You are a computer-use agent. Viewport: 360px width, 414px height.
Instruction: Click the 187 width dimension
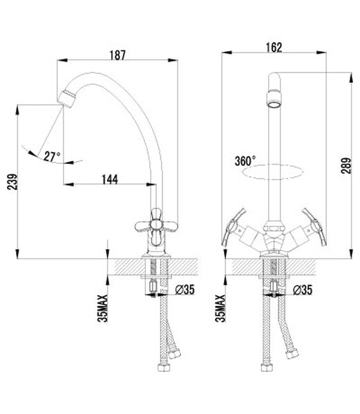click(x=117, y=55)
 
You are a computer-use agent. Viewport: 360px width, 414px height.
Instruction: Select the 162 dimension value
click(x=274, y=48)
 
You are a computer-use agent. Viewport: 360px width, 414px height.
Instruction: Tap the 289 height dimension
click(x=346, y=166)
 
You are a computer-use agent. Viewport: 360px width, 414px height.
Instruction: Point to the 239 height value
click(x=12, y=181)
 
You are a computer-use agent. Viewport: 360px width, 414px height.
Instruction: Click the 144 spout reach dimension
click(x=110, y=180)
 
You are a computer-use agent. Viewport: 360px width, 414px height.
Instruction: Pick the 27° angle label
click(x=52, y=157)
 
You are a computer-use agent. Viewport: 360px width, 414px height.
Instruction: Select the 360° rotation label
click(x=245, y=161)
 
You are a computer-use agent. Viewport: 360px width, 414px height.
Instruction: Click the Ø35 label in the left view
click(x=184, y=290)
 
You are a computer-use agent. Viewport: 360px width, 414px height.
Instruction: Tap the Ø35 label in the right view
click(x=303, y=290)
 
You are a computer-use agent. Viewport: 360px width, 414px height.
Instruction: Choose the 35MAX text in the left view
click(x=103, y=308)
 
